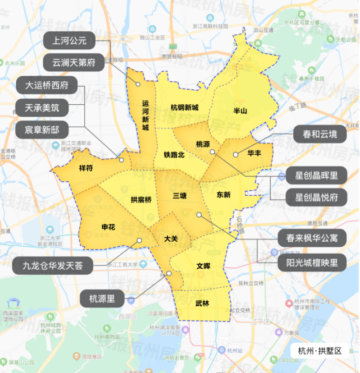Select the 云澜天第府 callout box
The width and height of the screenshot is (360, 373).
point(74,62)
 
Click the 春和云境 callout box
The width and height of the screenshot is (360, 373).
point(320,135)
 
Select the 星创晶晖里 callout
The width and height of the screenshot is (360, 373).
point(317,176)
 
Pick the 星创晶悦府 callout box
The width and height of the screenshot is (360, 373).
point(317,197)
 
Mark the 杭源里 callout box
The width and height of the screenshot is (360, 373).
point(102,299)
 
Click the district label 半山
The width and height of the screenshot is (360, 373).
point(240,111)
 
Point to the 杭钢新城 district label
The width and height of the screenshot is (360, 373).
point(185,108)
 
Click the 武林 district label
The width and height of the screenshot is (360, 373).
point(202,303)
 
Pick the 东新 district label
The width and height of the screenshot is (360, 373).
point(223,195)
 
